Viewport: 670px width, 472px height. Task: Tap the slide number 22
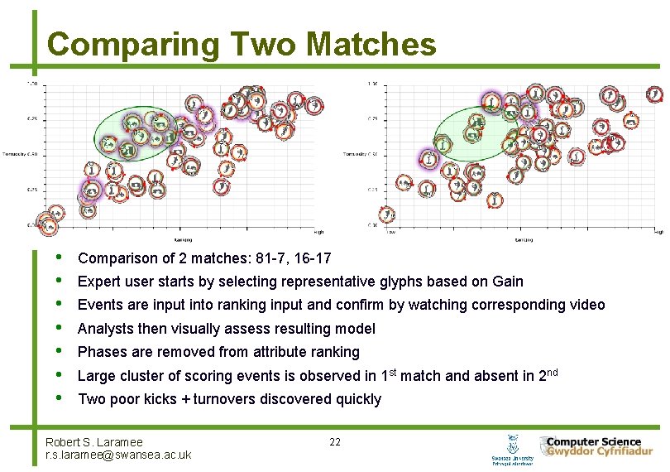335,441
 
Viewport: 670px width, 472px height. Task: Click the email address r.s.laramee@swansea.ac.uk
118,455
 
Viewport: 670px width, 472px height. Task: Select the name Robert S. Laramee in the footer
94,442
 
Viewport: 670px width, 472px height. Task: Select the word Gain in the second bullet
507,282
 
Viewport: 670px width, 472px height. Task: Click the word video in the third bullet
587,305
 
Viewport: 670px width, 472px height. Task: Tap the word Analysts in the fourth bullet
103,329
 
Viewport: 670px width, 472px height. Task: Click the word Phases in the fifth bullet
100,352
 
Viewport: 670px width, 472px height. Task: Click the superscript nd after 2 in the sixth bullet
554,372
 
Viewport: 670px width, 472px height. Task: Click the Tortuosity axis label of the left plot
18,154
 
